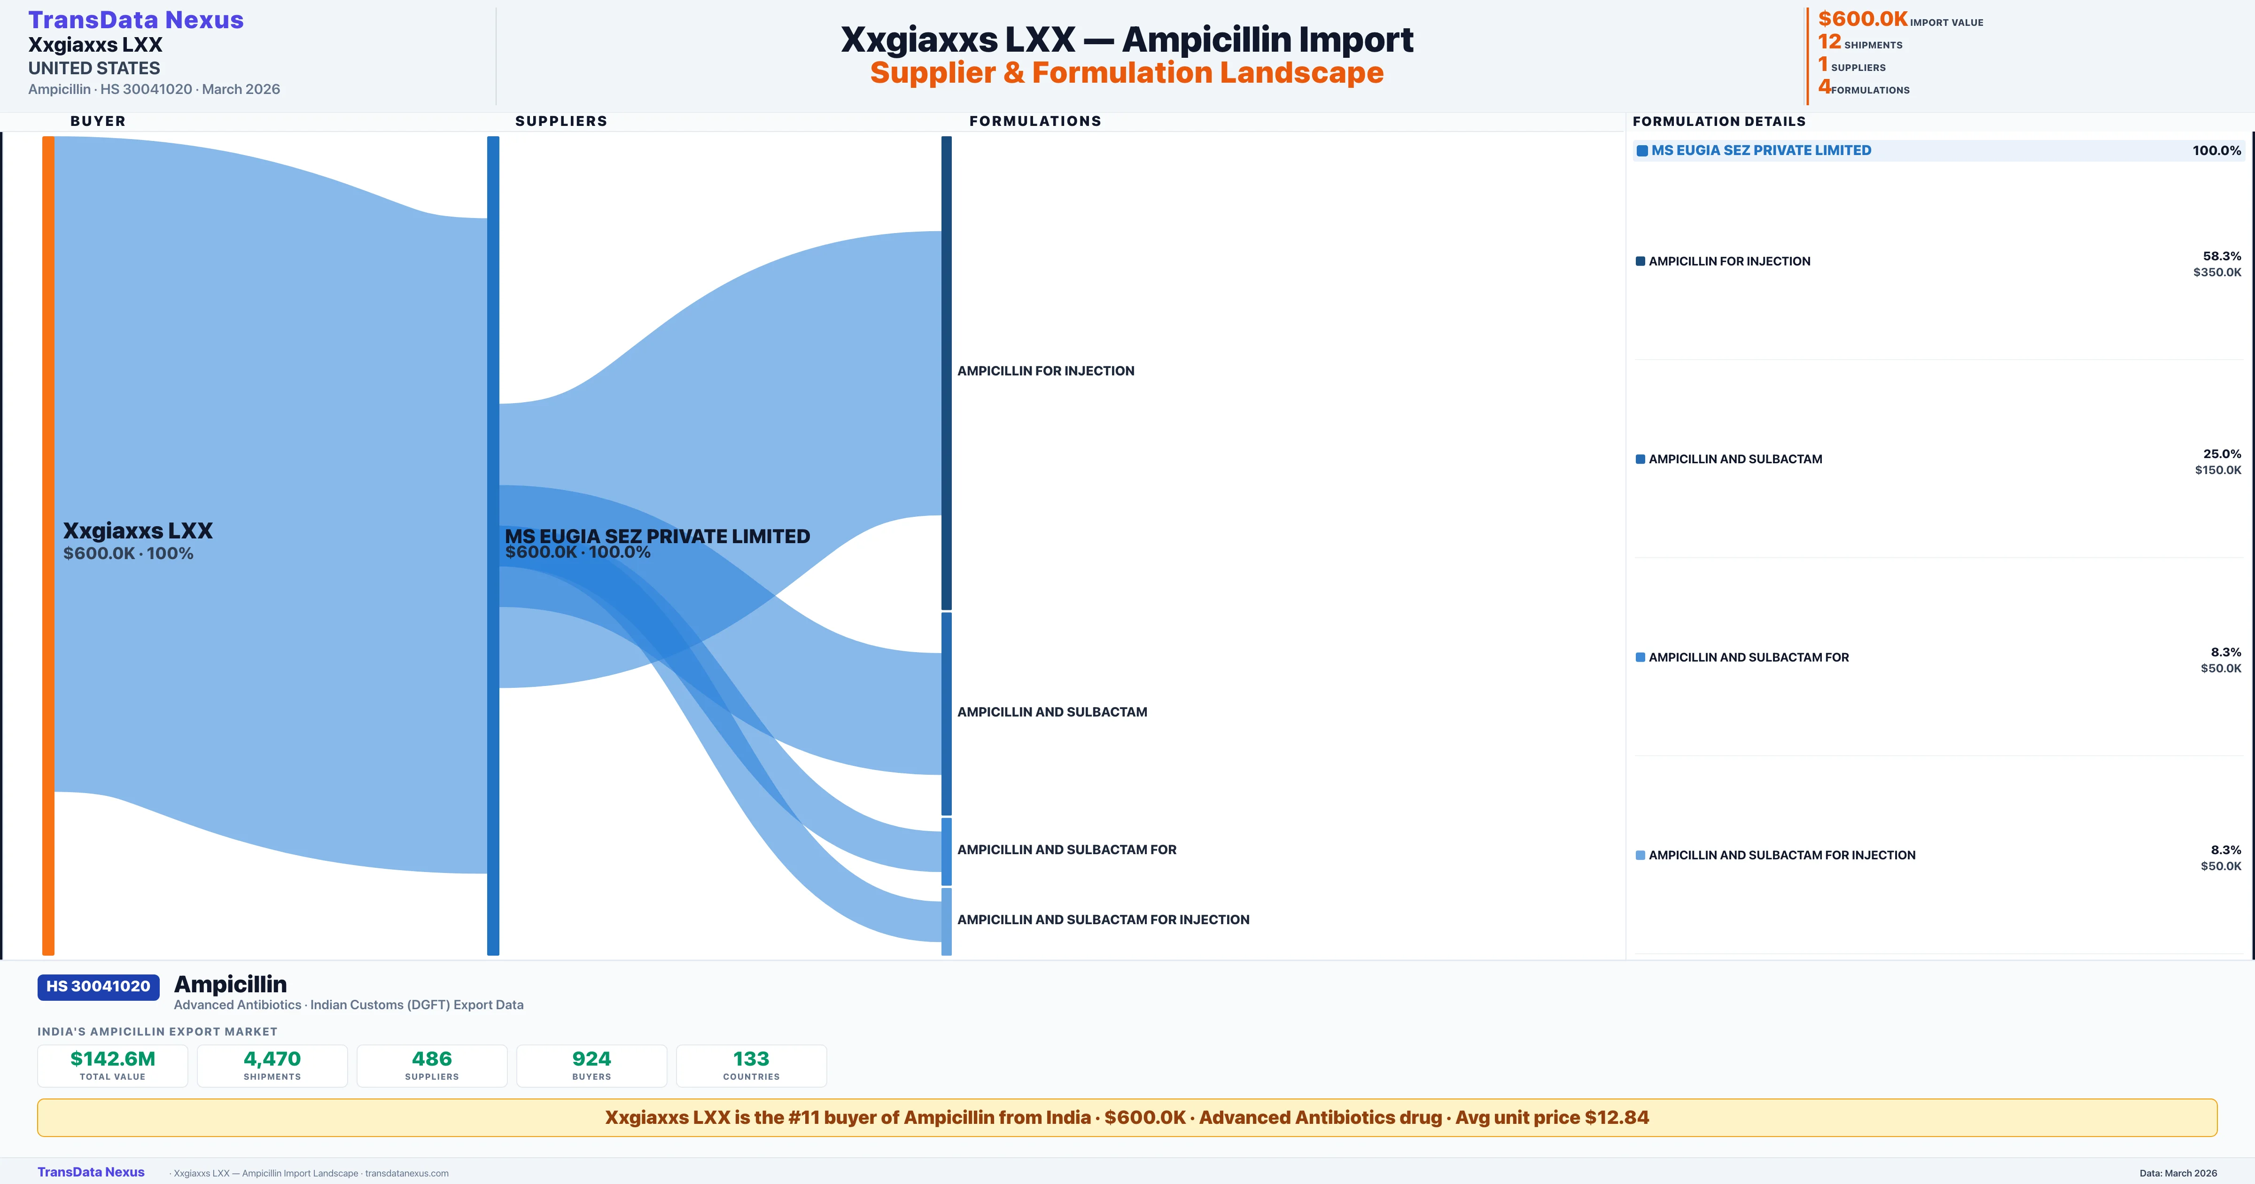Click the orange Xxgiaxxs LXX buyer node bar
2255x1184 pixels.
click(48, 545)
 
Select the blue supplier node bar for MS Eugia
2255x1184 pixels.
click(493, 545)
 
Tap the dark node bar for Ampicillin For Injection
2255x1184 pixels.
click(946, 372)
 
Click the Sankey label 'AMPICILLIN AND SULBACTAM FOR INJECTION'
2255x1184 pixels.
click(1103, 919)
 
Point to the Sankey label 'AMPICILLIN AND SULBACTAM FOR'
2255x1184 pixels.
click(1066, 849)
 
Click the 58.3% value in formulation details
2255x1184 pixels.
click(2222, 256)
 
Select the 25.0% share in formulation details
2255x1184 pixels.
click(2222, 454)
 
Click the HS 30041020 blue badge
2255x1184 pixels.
click(98, 986)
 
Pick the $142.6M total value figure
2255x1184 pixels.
click(113, 1059)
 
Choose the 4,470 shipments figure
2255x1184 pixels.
click(272, 1059)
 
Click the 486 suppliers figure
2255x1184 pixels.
click(432, 1059)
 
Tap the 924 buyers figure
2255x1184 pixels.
click(592, 1059)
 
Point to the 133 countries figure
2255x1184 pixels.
click(751, 1059)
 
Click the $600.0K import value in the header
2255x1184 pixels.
click(1862, 18)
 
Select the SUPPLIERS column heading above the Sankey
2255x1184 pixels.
click(561, 121)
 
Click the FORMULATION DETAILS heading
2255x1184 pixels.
click(1718, 121)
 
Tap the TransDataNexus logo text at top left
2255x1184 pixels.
click(136, 19)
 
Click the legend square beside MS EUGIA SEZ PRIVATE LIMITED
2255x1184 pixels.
click(1642, 151)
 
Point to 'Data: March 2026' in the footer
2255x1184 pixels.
click(2178, 1173)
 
